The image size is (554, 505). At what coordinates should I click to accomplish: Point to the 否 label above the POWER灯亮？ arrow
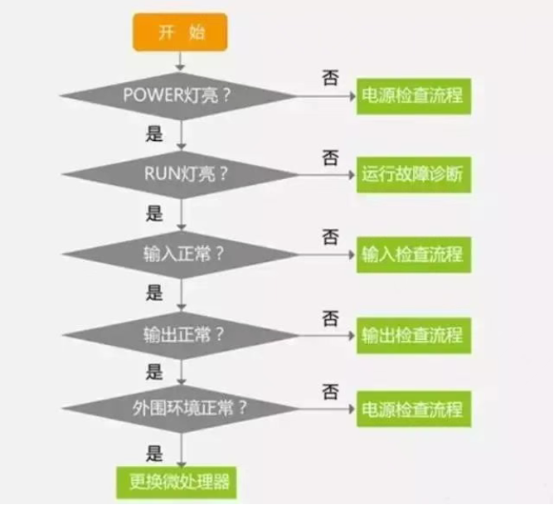tap(329, 78)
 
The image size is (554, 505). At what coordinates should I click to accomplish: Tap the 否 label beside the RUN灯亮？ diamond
tap(329, 156)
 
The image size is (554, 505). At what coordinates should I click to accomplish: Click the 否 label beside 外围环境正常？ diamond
tap(329, 390)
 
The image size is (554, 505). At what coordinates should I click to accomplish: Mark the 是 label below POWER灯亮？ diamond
tap(154, 134)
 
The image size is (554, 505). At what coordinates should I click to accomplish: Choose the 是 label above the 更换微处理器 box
tap(154, 453)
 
